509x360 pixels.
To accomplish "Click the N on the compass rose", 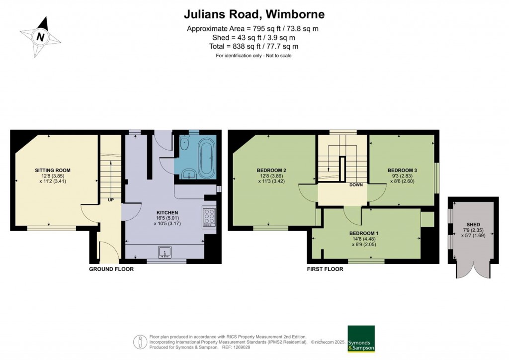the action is tap(40, 36).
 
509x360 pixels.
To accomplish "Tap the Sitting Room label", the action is tap(53, 170).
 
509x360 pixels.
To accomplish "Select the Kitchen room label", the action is tap(167, 213).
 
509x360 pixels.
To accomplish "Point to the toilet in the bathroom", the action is tap(185, 143).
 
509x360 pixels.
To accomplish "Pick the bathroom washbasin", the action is tap(188, 174).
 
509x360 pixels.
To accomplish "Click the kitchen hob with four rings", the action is tap(209, 216).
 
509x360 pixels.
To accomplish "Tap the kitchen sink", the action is tap(165, 252).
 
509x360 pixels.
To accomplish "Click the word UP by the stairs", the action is tap(111, 200).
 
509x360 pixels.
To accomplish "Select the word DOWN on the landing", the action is tap(356, 184).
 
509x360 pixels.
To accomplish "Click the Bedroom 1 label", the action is tap(364, 233).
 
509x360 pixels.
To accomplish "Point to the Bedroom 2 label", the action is tap(271, 170).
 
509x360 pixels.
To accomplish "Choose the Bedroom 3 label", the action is tap(402, 170).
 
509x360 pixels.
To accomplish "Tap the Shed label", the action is tap(473, 225).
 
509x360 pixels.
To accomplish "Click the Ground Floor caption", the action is tap(111, 269).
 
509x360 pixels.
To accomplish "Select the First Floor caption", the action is tap(325, 269).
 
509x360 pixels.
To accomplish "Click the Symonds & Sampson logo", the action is tap(361, 339).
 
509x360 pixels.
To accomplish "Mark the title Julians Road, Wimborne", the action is tap(254, 14).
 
